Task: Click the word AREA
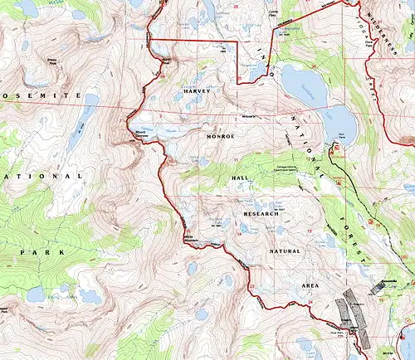[x=310, y=285]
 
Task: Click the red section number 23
[x=251, y=286]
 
